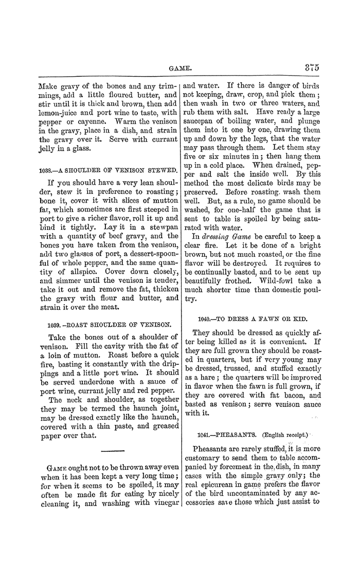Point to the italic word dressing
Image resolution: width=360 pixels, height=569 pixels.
pos(222,236)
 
